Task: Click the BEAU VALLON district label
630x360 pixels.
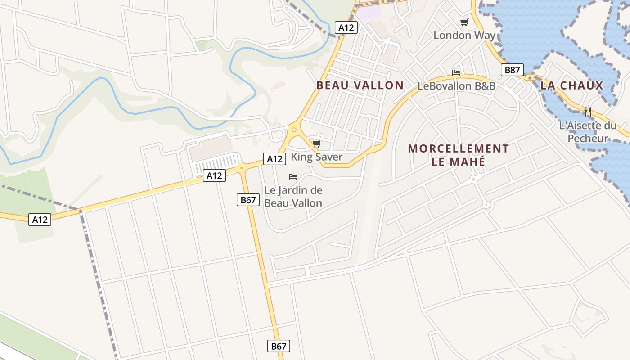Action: pos(360,85)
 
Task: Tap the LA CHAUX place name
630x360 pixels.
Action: pos(571,85)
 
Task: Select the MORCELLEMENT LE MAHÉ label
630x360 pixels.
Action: pos(458,155)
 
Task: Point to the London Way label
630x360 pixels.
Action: pos(464,35)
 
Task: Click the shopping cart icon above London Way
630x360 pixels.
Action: pos(464,22)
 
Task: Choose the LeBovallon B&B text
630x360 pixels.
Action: pos(456,86)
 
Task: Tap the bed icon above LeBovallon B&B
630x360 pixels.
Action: pos(456,73)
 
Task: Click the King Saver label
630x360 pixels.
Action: pos(316,157)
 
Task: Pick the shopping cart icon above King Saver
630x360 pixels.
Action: pos(316,144)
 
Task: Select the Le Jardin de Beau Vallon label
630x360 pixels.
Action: pos(293,197)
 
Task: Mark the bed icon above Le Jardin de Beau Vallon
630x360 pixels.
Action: pos(293,177)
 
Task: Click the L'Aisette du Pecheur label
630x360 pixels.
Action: pos(588,132)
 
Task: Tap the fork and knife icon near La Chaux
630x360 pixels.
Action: pos(587,112)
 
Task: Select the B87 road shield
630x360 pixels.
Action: pos(512,70)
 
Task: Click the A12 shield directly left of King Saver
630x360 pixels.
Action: pos(274,158)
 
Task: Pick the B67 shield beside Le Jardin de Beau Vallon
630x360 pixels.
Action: pos(248,200)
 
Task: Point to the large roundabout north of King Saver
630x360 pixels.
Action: pos(294,130)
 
